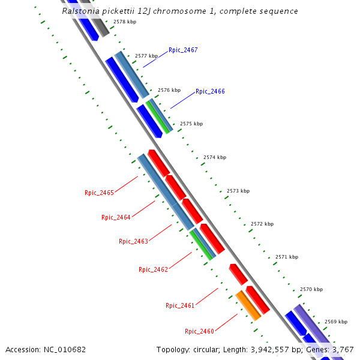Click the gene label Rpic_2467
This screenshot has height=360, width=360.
183,50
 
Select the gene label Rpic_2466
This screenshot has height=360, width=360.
210,92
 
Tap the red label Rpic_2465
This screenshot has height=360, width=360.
99,193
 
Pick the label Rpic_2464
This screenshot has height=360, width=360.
116,218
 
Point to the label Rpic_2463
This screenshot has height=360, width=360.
133,242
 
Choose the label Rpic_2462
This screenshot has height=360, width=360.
153,270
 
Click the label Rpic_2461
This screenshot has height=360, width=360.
180,306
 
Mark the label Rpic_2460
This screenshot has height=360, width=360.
199,332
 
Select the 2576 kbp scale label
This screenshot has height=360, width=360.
169,90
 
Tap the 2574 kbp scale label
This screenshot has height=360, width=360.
215,157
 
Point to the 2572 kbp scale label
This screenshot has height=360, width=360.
262,224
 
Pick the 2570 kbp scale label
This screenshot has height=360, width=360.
311,289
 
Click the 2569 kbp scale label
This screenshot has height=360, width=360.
336,322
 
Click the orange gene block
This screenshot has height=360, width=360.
248,305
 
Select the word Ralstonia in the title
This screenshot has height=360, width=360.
82,11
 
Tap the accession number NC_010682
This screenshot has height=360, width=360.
65,349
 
